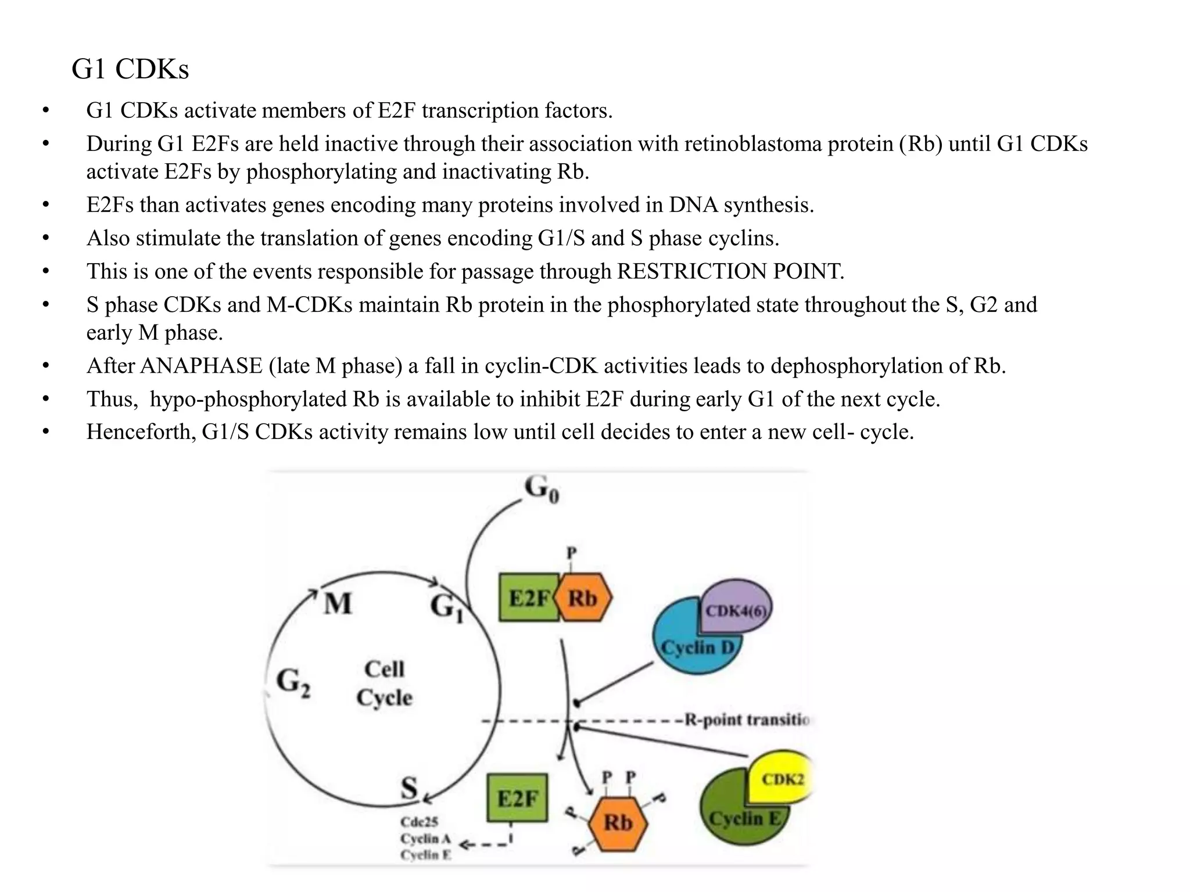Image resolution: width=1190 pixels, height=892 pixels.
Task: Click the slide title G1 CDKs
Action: (x=130, y=69)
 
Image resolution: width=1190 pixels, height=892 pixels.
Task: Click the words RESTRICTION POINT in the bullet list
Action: (x=730, y=271)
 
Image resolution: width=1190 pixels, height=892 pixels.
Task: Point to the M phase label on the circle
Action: (x=338, y=603)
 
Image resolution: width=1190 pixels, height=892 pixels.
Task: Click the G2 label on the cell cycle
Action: (x=293, y=682)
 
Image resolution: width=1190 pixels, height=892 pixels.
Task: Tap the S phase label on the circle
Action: (x=410, y=787)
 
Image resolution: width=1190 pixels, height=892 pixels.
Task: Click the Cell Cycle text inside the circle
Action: (x=384, y=683)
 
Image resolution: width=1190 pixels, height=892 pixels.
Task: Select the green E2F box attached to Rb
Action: (x=528, y=598)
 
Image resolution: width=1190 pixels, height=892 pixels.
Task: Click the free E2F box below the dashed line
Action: (x=517, y=799)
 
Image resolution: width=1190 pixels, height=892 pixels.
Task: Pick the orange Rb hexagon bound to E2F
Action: (x=583, y=598)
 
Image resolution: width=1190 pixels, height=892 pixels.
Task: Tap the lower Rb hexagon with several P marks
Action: (x=617, y=822)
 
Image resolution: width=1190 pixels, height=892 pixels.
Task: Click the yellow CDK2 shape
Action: (x=782, y=778)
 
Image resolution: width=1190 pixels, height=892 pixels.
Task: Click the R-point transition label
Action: (x=746, y=720)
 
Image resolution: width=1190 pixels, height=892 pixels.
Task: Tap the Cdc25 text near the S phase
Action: (x=419, y=822)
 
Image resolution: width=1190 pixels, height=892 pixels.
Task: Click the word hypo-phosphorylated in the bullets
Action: (x=248, y=399)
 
